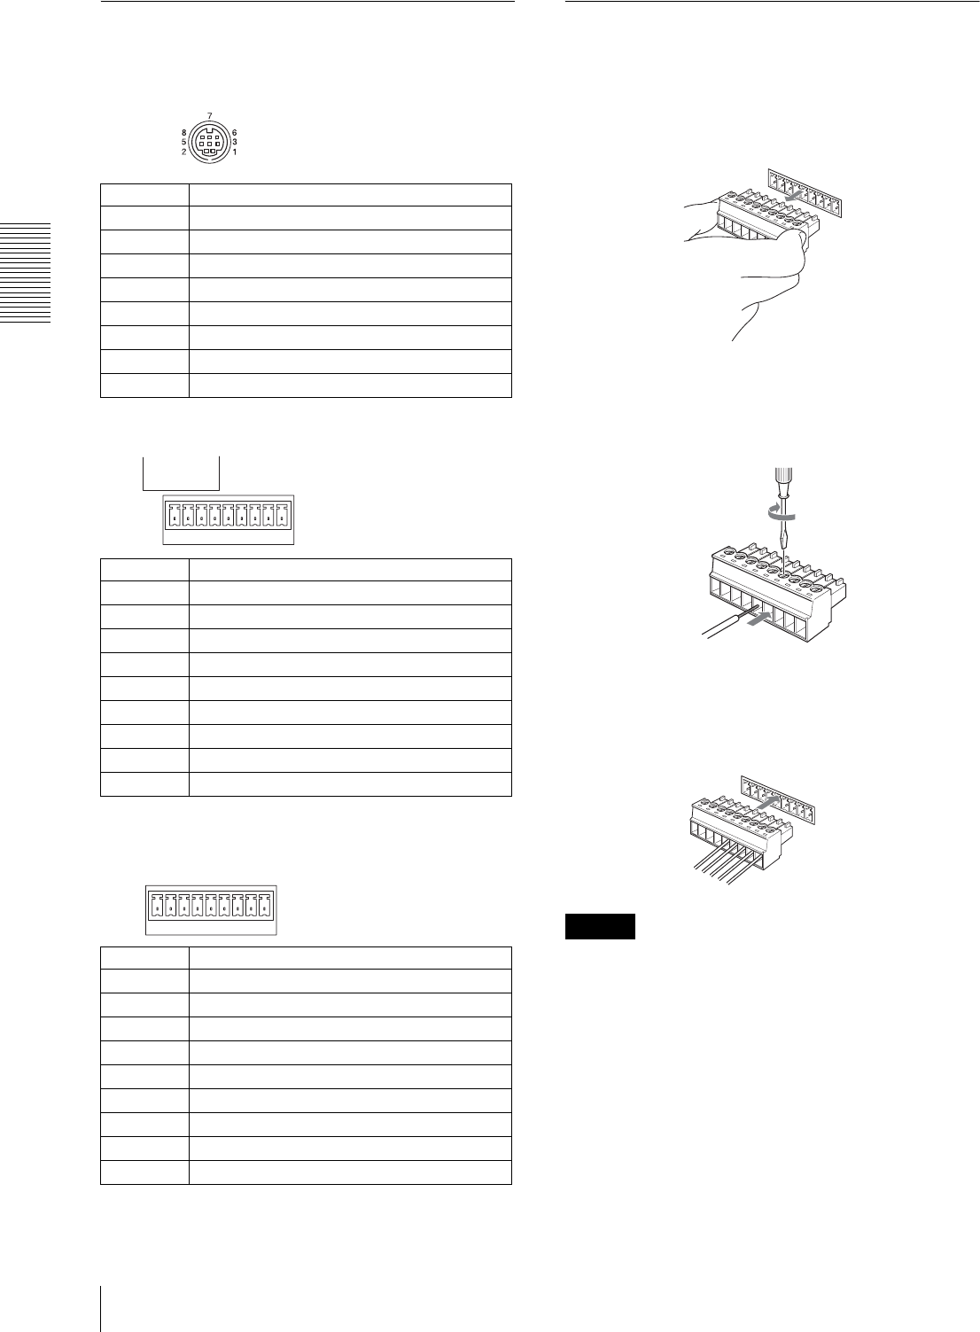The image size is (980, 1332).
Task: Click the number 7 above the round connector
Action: (209, 116)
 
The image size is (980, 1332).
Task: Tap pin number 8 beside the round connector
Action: (183, 132)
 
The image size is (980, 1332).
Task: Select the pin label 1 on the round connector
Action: (234, 152)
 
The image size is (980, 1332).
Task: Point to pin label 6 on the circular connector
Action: (234, 132)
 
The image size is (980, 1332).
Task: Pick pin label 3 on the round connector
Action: (234, 142)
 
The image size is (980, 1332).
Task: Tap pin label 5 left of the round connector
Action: (183, 142)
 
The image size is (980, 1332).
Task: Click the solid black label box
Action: (601, 926)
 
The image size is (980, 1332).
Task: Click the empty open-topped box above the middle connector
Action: (182, 471)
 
